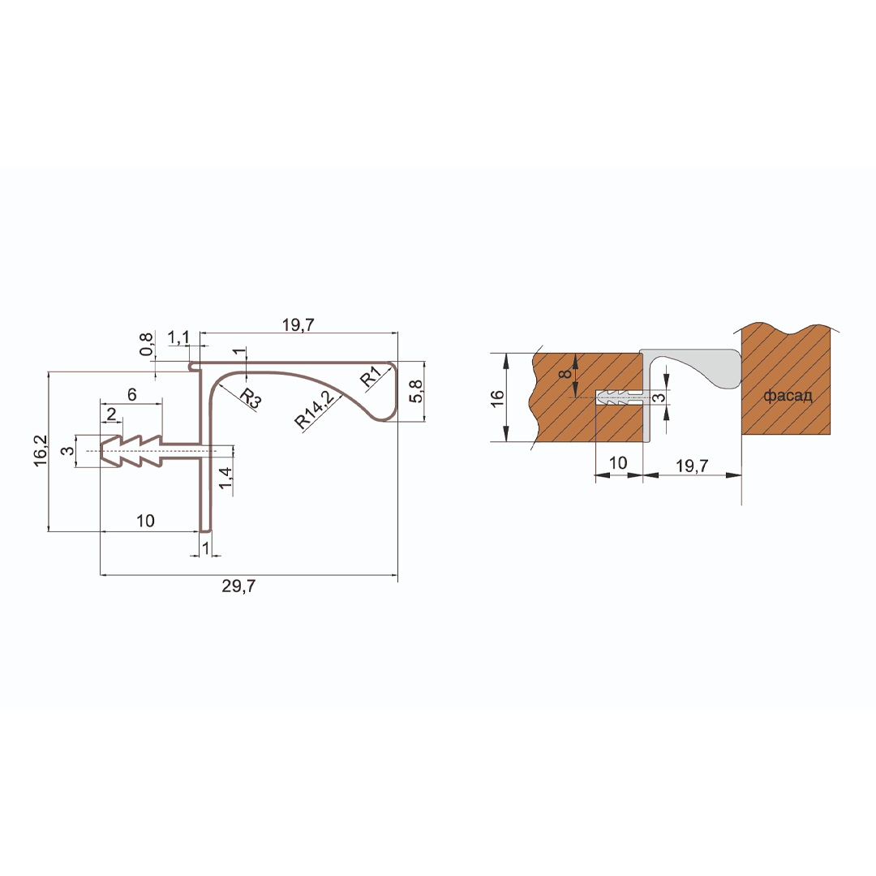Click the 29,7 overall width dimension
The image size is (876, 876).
point(238,586)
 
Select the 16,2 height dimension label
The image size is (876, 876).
point(41,451)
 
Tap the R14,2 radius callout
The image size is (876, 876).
point(315,410)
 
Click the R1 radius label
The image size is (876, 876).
point(371,376)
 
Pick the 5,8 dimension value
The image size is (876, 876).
point(416,391)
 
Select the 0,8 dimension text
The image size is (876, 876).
point(146,344)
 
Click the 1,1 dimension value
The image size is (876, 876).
point(178,337)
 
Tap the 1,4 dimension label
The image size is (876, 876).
point(225,479)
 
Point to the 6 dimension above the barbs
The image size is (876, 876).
point(132,394)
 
